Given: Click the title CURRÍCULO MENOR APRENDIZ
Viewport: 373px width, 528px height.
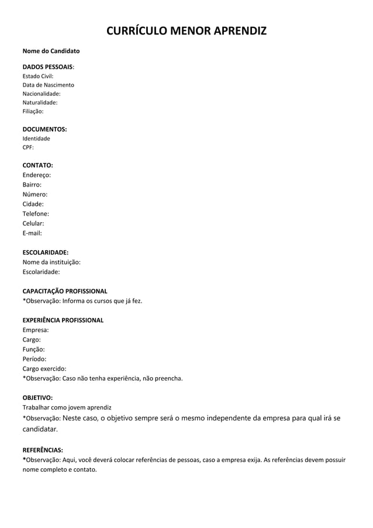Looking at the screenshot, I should click(186, 30).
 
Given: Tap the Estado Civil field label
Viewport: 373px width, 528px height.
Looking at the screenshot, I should click(38, 76).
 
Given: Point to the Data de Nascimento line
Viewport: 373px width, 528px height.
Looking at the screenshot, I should click(48, 85).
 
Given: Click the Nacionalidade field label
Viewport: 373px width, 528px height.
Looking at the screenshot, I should click(42, 94).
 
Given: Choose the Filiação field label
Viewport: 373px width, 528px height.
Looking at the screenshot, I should click(33, 111).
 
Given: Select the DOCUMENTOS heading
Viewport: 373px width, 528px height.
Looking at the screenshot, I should click(44, 129).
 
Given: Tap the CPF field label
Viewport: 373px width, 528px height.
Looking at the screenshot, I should click(28, 147).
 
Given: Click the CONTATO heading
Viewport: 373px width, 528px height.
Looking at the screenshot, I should click(37, 165).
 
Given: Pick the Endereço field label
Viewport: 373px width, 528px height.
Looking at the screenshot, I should click(36, 175).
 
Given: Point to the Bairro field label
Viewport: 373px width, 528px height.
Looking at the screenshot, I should click(32, 184).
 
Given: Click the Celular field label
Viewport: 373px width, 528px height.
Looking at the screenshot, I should click(33, 223).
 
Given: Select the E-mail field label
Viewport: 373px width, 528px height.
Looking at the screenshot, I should click(32, 233).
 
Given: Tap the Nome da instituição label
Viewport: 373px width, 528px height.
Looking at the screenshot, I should click(51, 262).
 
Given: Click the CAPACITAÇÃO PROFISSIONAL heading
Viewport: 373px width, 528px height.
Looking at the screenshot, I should click(64, 291).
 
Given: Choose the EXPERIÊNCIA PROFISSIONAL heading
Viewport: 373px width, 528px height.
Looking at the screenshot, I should click(63, 320).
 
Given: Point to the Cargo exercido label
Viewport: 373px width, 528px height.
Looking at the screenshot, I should click(44, 368).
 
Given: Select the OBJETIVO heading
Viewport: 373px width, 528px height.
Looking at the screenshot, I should click(37, 397).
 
